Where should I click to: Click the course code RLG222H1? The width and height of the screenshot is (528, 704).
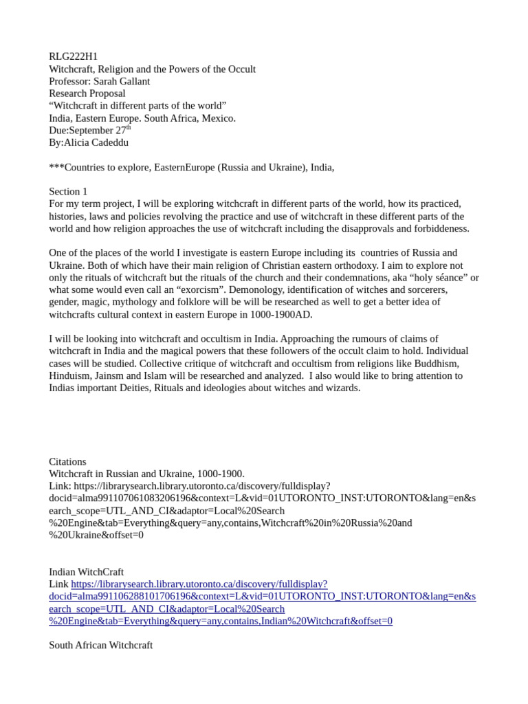[x=73, y=56]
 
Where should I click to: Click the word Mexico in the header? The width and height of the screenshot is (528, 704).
[x=217, y=118]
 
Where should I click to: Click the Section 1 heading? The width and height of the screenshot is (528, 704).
[x=68, y=191]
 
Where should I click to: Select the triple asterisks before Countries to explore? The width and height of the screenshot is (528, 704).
[x=56, y=167]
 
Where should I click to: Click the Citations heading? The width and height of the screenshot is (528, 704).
[x=67, y=461]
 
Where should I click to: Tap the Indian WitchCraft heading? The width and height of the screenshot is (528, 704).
[x=86, y=571]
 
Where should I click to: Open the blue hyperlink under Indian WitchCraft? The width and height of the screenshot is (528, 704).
[x=261, y=596]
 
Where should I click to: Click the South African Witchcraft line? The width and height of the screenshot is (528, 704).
[x=100, y=645]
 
